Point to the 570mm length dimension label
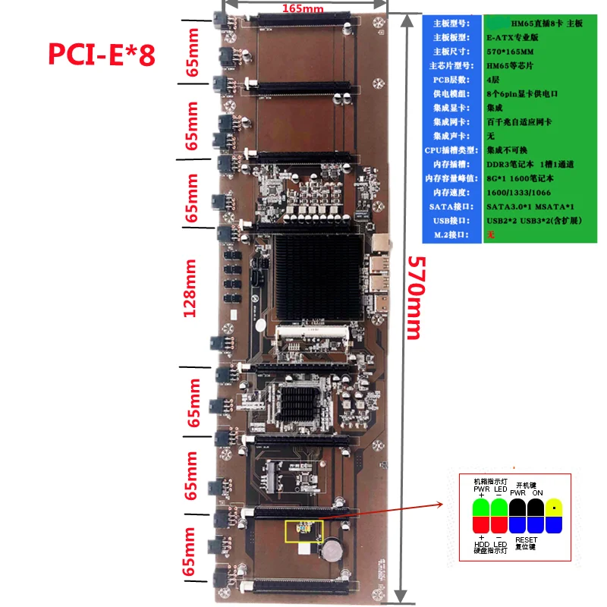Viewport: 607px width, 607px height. [414, 296]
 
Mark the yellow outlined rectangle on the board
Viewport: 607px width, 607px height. [303, 531]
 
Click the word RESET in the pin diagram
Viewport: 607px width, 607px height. [527, 538]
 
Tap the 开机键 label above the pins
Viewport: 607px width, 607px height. [527, 484]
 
